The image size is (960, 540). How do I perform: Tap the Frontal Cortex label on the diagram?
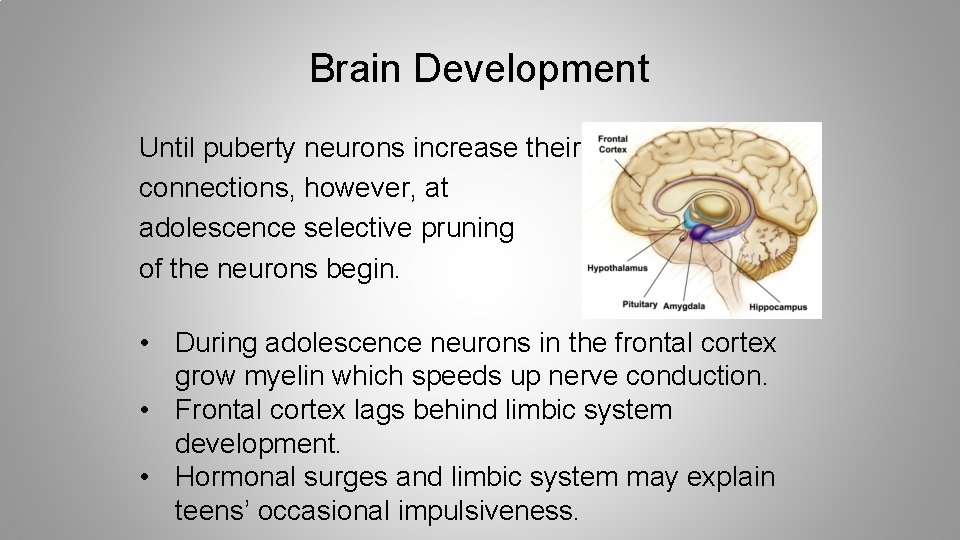612,144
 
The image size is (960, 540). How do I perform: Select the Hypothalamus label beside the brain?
618,268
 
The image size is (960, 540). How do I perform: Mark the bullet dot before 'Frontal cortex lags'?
147,411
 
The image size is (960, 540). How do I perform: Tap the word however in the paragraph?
346,189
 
